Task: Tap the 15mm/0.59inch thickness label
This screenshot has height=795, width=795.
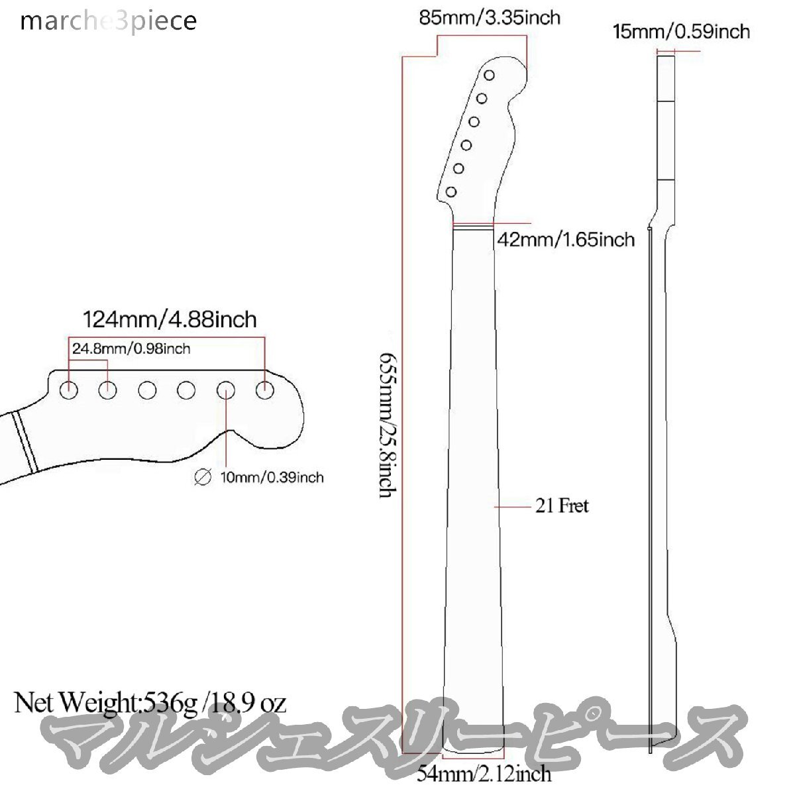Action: pyautogui.click(x=682, y=31)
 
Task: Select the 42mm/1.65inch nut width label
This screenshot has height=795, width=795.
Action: pyautogui.click(x=565, y=239)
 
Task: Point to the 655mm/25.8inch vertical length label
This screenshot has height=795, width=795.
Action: pyautogui.click(x=388, y=426)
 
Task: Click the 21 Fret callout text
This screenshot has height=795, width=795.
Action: pyautogui.click(x=561, y=506)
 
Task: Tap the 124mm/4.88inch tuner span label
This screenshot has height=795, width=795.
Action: pyautogui.click(x=169, y=320)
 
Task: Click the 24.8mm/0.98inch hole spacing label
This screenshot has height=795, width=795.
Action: pyautogui.click(x=131, y=348)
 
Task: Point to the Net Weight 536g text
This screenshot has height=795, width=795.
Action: pyautogui.click(x=150, y=702)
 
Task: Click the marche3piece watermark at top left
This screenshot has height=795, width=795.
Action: pyautogui.click(x=109, y=21)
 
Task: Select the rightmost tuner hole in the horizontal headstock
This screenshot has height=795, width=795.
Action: pyautogui.click(x=265, y=391)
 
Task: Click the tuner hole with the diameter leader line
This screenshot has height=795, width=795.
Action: pyautogui.click(x=226, y=391)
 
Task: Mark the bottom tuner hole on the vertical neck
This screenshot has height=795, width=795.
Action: pyautogui.click(x=451, y=192)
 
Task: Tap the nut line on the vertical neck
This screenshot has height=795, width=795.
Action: pyautogui.click(x=472, y=227)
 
